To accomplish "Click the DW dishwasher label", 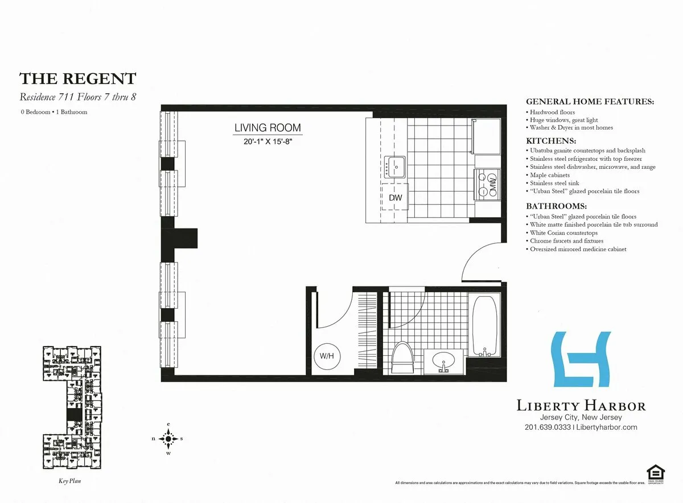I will (x=395, y=198).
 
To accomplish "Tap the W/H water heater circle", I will (x=326, y=356).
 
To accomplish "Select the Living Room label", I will (x=268, y=128).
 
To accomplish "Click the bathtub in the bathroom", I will (x=484, y=325).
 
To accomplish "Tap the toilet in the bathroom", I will (x=402, y=357).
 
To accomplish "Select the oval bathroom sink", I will (x=444, y=361).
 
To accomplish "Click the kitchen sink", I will (x=394, y=167).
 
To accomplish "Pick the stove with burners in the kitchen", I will (x=487, y=183).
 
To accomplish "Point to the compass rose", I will (x=168, y=438).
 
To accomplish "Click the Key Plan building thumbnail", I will (x=70, y=409).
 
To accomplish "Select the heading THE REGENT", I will (x=78, y=78).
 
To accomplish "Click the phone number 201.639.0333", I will (x=548, y=427).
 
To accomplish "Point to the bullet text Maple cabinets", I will (x=550, y=175).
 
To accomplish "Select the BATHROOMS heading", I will (x=556, y=206).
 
